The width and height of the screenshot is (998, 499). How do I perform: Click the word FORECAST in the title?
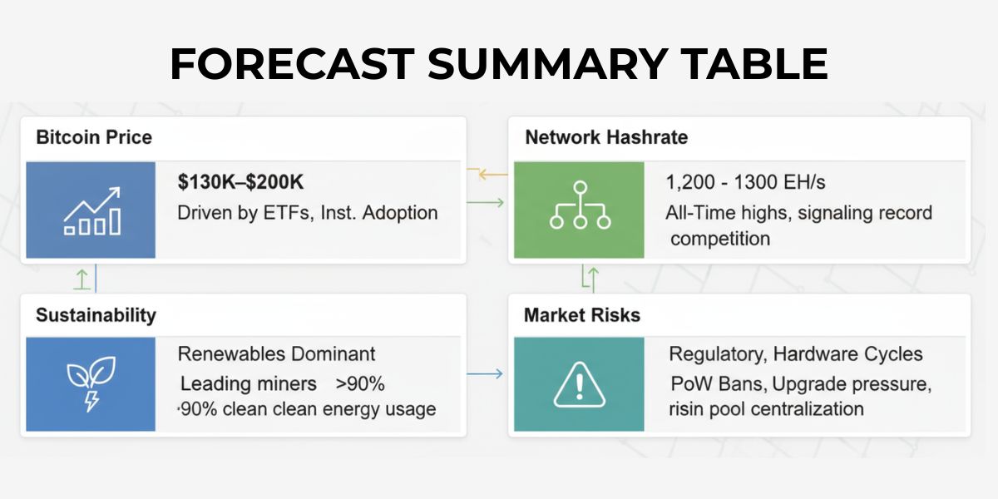coord(292,63)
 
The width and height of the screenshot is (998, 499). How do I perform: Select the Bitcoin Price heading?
coord(94,137)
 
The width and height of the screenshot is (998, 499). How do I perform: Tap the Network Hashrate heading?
coord(606,137)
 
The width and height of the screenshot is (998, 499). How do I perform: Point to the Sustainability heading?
coord(96,315)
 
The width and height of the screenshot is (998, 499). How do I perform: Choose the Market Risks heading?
coord(582,315)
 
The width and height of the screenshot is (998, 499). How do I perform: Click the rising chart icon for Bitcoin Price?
coord(92,210)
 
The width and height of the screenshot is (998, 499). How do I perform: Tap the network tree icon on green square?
coord(580,205)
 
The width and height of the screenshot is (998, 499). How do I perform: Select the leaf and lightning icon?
coord(91,383)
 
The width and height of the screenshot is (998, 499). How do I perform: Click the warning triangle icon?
coord(579,384)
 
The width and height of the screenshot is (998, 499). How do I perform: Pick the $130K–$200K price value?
coord(240,182)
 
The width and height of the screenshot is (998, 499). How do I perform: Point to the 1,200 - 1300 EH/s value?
coord(745,182)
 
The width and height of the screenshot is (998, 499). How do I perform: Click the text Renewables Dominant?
coord(276,354)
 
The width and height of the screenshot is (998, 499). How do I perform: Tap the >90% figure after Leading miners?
coord(360,383)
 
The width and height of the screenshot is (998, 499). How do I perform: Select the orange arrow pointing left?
coord(487,172)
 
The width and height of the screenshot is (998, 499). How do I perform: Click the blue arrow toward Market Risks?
coord(485,373)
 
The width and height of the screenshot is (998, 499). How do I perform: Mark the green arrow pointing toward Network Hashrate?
coord(485,203)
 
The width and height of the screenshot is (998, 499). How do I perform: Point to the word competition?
coord(720,240)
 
